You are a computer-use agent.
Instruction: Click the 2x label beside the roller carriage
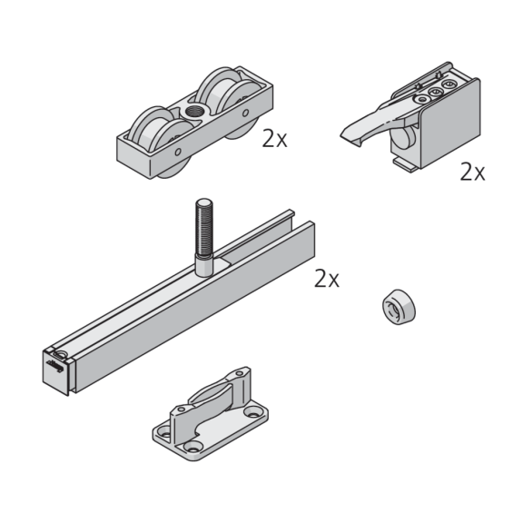pyautogui.click(x=274, y=139)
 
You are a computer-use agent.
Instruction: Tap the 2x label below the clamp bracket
pyautogui.click(x=472, y=173)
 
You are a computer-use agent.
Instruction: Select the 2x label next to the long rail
pyautogui.click(x=327, y=279)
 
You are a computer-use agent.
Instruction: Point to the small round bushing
pyautogui.click(x=399, y=307)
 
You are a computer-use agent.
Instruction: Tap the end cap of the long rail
pyautogui.click(x=56, y=370)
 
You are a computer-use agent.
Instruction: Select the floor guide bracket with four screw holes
pyautogui.click(x=211, y=414)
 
